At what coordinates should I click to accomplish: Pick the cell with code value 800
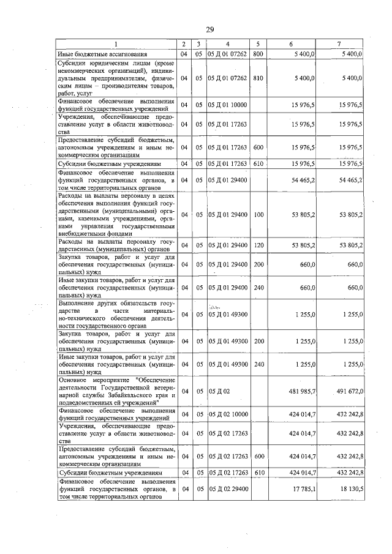258,54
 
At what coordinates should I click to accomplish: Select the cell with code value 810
258,78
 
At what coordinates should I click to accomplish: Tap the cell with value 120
258,245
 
